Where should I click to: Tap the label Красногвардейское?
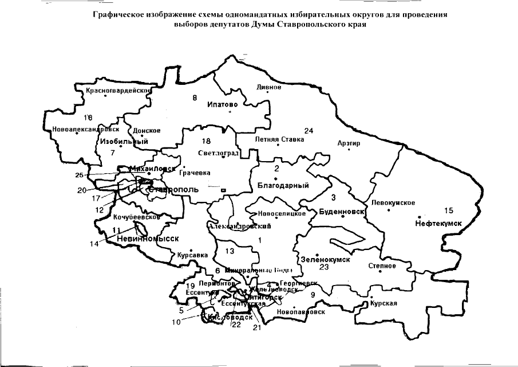118,91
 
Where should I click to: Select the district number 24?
309,131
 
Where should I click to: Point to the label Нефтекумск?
438,222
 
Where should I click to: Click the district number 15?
449,210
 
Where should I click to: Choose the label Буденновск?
340,211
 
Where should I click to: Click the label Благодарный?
283,186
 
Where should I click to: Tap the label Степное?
383,266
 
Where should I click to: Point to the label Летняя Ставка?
276,139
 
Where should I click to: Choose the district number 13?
230,251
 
